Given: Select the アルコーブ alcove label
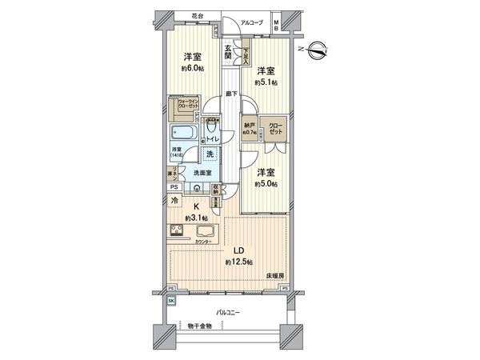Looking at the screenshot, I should [244, 24].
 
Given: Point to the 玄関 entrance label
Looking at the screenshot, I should [229, 54].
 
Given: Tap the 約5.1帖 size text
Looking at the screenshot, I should [266, 82].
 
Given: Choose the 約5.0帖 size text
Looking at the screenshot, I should [266, 184].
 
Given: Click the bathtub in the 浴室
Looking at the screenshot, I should [183, 133].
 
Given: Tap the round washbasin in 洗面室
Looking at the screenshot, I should [198, 189].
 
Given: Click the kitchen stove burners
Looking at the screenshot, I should [178, 232].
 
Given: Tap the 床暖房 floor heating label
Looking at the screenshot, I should [275, 276].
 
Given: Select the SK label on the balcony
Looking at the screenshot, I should [171, 300].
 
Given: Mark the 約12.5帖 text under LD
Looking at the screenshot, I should [238, 262].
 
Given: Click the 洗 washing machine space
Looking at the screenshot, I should [210, 154].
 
